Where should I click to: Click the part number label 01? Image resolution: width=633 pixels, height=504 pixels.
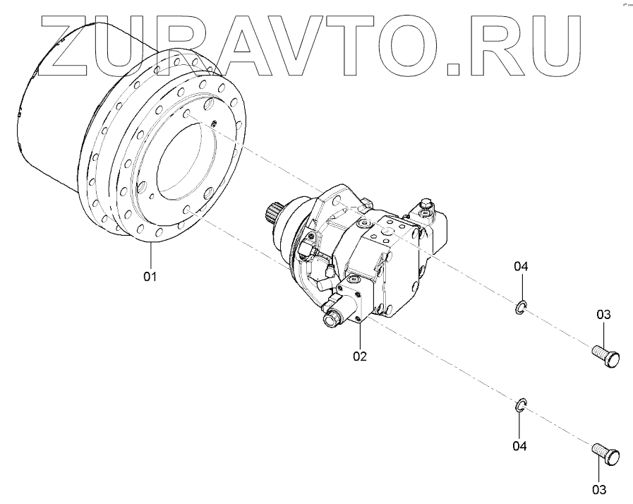pos(150,275)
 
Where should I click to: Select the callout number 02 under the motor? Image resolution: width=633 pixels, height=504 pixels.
pos(360,356)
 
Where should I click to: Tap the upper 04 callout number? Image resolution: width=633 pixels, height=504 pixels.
pos(521,266)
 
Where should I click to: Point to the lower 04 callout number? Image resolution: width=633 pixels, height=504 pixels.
pos(519,445)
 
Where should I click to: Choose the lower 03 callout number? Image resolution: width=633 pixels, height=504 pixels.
pos(599,488)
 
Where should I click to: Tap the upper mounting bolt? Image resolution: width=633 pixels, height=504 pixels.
pos(604,352)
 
